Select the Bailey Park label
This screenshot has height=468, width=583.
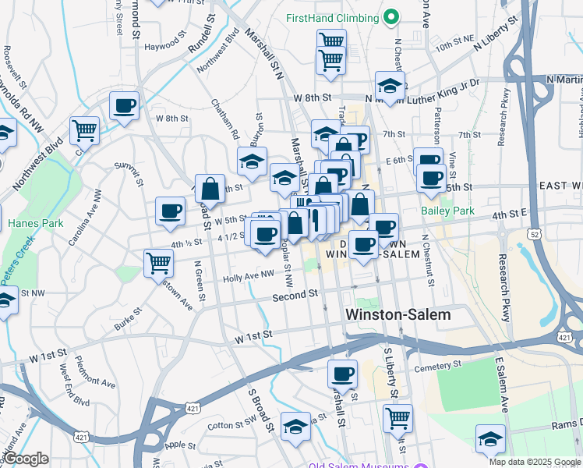point(447,211)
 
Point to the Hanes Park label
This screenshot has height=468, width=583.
point(30,223)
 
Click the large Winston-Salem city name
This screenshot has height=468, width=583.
point(397,314)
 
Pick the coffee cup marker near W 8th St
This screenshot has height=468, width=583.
point(124,107)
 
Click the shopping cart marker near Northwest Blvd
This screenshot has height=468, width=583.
point(84,130)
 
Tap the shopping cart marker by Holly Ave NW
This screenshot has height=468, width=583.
point(159,263)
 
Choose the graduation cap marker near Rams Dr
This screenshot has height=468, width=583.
point(490,438)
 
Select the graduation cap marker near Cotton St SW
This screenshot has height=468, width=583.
point(295,427)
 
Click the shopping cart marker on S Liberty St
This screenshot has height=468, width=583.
point(397,418)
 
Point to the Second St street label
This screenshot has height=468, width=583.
point(296,296)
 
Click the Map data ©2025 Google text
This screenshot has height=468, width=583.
point(534,462)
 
